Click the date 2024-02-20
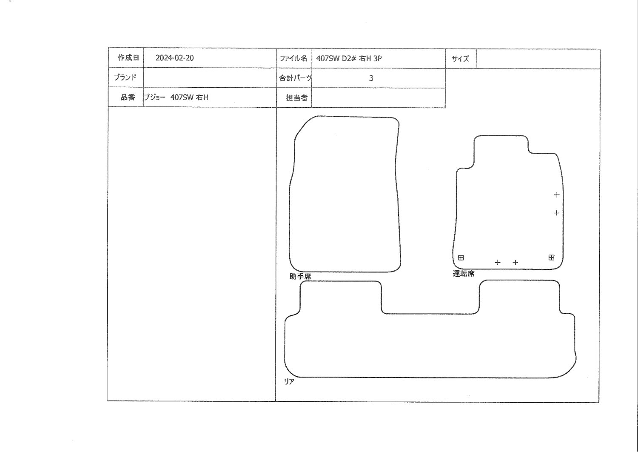[174, 58]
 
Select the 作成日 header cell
[125, 57]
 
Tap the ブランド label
[125, 77]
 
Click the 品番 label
[128, 97]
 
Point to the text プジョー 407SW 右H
[176, 97]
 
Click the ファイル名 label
[293, 58]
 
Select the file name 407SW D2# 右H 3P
[349, 58]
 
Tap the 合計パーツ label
[295, 78]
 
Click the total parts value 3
[371, 78]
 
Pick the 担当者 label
[296, 98]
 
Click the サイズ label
[460, 59]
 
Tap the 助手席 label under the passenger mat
[300, 276]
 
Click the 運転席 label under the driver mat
[464, 274]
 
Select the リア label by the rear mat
[289, 382]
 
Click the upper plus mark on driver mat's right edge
[556, 195]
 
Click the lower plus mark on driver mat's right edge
[556, 213]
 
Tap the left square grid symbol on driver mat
[461, 257]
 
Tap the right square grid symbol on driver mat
[551, 257]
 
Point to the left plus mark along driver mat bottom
[497, 262]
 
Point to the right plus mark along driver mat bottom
[515, 263]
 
